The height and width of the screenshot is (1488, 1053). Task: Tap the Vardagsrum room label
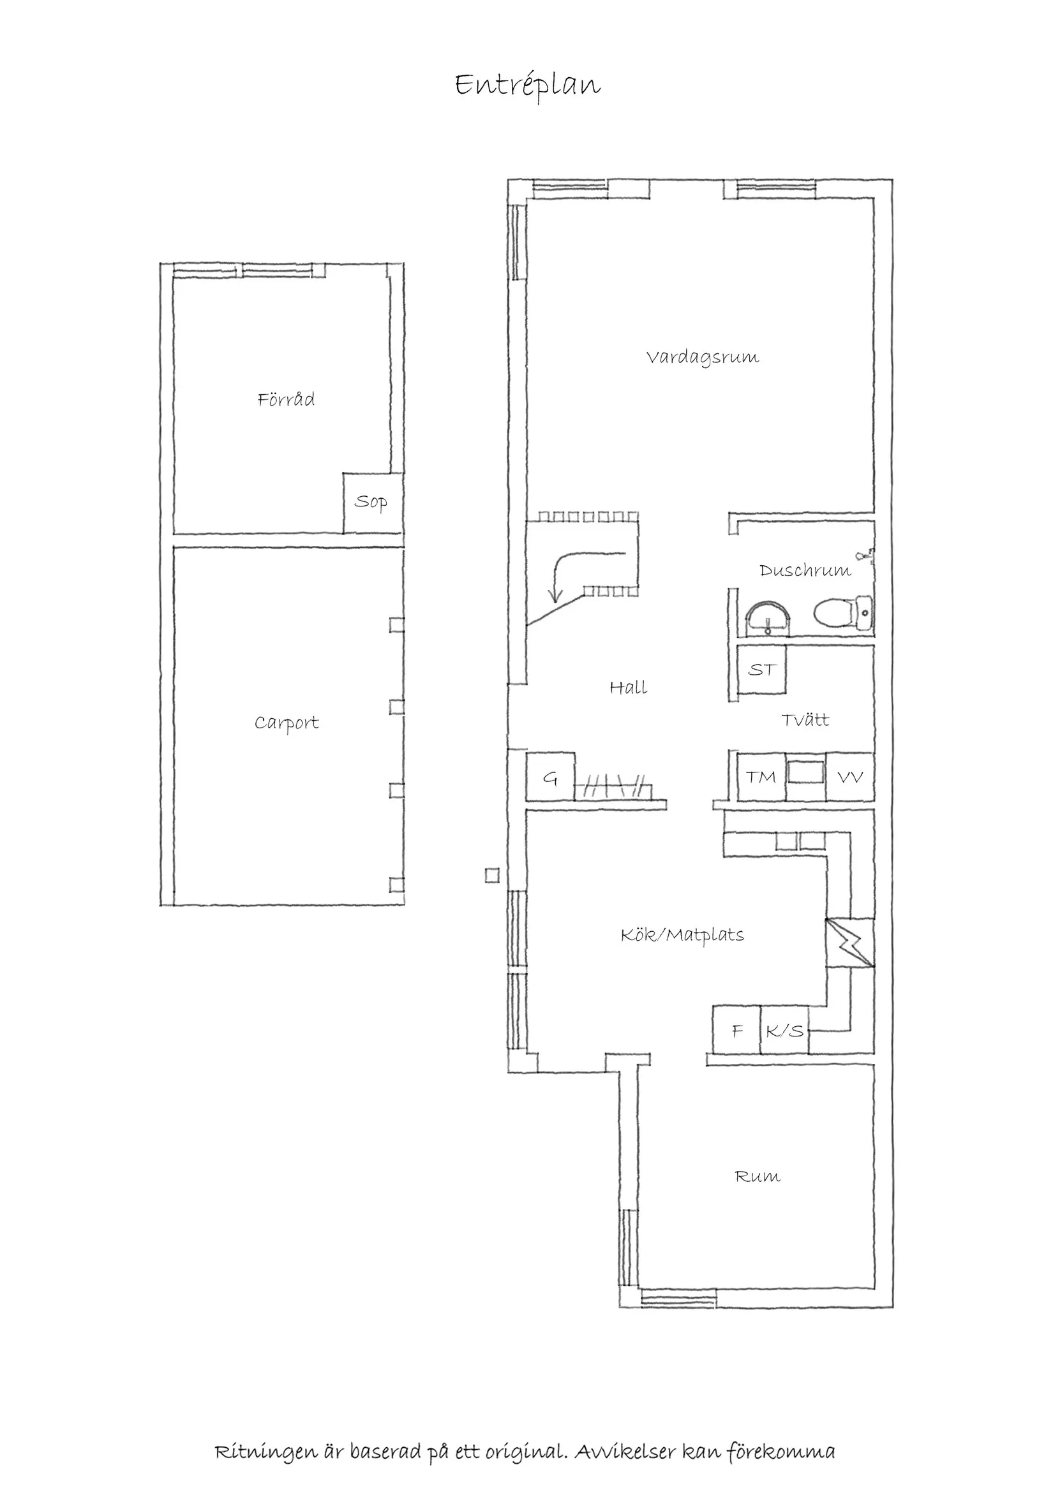pos(702,357)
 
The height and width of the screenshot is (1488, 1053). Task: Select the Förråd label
pos(286,399)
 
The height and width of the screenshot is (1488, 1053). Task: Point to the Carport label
pos(287,723)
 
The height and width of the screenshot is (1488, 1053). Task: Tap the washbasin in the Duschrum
pos(768,615)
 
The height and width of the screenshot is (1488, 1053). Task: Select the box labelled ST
pos(762,670)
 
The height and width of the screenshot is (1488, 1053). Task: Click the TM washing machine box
pos(761,776)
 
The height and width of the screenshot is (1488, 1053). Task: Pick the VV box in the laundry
pos(850,776)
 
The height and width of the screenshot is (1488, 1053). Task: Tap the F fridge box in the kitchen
pos(736,1031)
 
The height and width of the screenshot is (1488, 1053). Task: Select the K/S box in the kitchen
pos(784,1031)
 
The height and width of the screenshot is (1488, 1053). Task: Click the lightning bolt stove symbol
pos(850,943)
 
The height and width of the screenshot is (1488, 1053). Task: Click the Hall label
pos(629,688)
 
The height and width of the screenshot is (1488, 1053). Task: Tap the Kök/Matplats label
pos(682,934)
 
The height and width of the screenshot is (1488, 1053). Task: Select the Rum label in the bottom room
pos(758,1176)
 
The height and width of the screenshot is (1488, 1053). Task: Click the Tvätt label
pos(805,720)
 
